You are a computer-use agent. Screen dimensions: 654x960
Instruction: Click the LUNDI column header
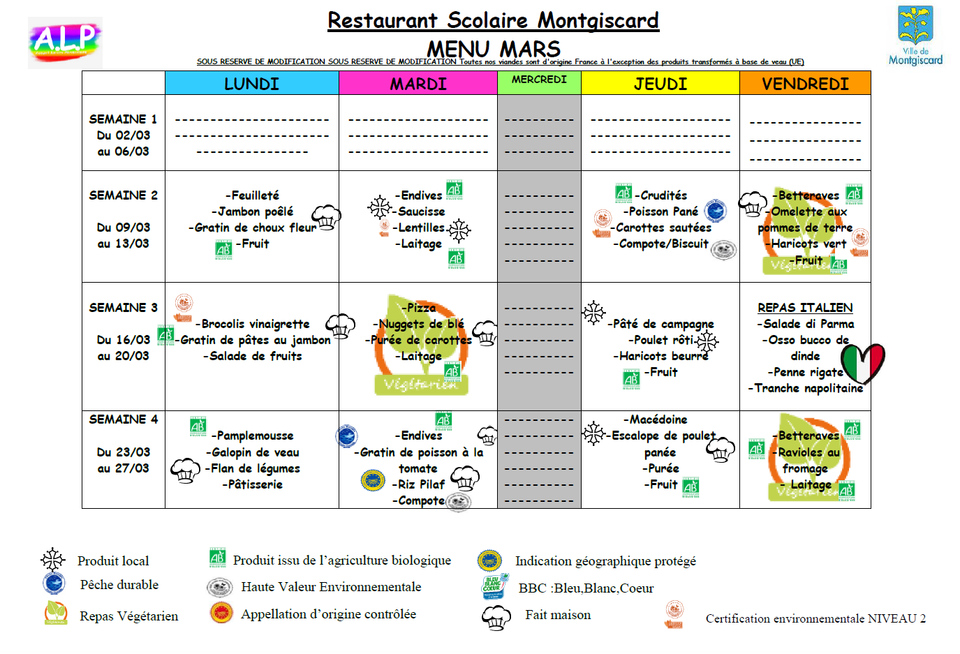[x=251, y=84]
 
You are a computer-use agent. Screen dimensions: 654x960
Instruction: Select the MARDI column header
[x=418, y=84]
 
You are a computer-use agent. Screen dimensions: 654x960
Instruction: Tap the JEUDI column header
[x=660, y=84]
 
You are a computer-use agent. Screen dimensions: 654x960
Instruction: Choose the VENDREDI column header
[x=805, y=84]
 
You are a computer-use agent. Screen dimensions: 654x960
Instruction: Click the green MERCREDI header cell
[x=539, y=80]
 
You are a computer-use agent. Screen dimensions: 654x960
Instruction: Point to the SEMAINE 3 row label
[x=123, y=308]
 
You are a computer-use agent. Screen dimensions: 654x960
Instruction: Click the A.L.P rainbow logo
[x=66, y=42]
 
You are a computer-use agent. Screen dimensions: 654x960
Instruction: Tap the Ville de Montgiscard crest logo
[x=915, y=35]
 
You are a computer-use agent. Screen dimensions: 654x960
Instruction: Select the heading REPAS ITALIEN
[x=805, y=308]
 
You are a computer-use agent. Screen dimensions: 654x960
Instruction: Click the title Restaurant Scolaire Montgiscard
[x=493, y=20]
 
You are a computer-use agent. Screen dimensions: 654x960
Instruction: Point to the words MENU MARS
[x=493, y=49]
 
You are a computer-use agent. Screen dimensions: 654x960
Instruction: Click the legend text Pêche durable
[x=119, y=585]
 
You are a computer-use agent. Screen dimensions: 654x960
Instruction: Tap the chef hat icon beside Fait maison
[x=496, y=617]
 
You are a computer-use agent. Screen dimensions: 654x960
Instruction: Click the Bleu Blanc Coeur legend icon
[x=494, y=587]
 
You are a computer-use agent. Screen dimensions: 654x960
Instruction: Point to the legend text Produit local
[x=113, y=561]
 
